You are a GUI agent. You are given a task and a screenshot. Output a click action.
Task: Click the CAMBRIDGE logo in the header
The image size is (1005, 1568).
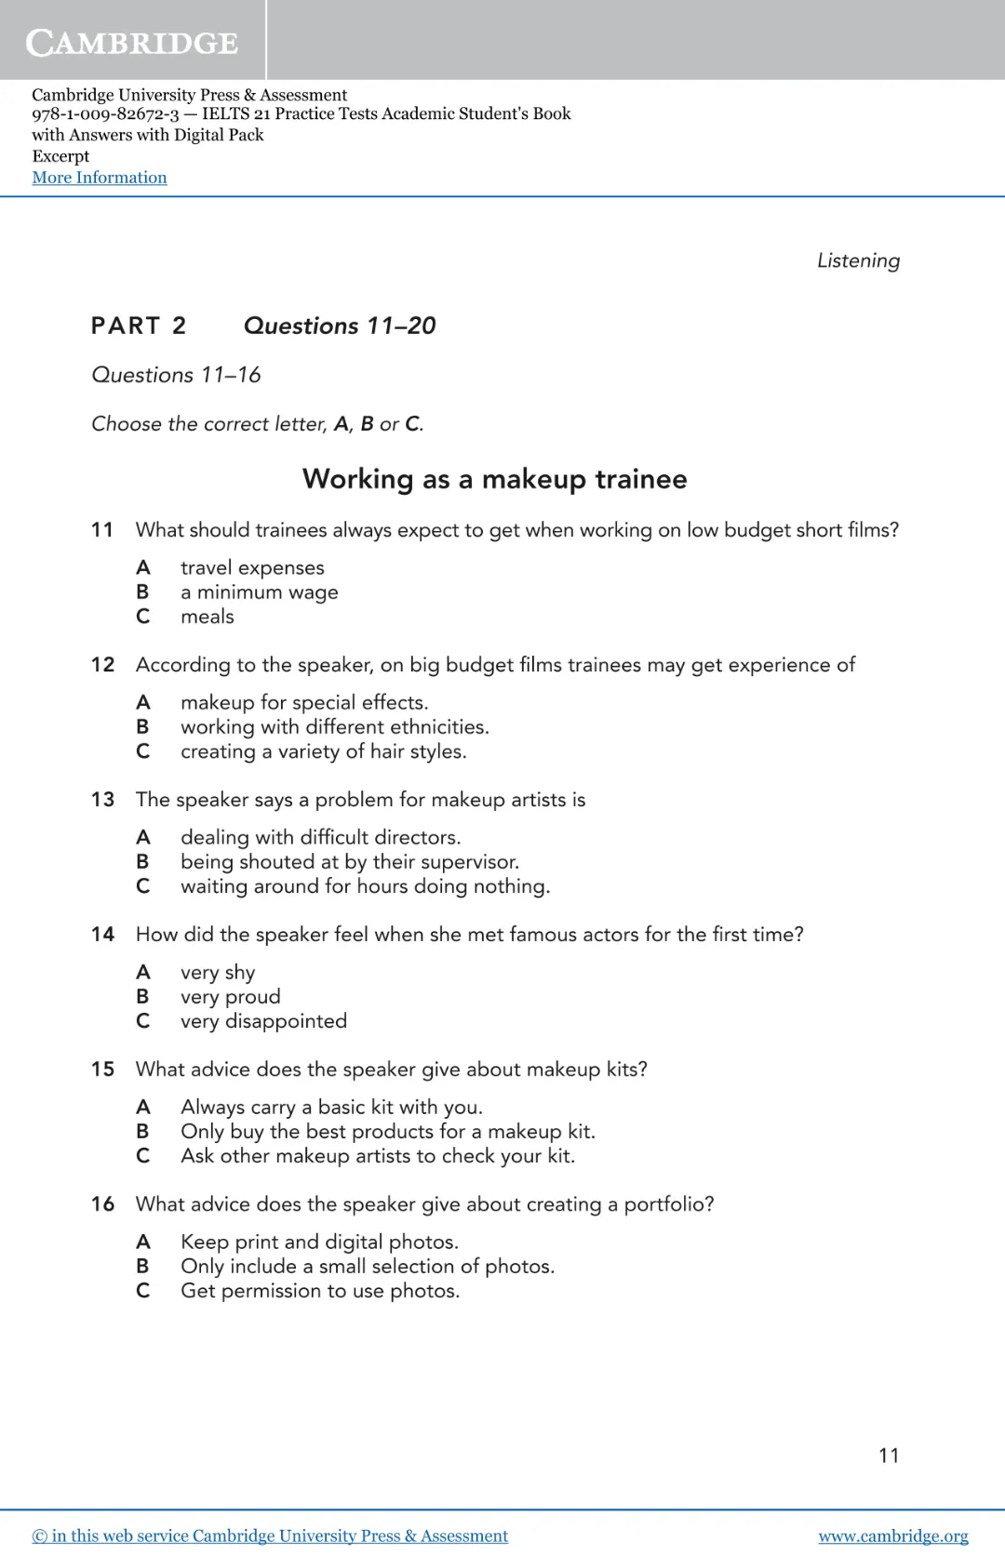coord(132,42)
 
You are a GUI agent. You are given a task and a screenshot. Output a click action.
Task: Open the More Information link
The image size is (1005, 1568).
coord(100,178)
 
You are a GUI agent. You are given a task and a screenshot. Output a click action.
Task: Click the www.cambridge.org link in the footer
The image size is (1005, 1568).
coord(892,1535)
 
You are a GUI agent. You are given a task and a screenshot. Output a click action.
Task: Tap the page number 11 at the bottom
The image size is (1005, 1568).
coord(889,1455)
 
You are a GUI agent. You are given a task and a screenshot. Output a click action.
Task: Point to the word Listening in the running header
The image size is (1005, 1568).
coord(858,260)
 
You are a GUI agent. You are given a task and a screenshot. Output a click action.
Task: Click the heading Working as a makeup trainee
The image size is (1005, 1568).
coord(494,479)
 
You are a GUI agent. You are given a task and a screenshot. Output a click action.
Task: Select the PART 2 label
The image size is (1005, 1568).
coord(139,326)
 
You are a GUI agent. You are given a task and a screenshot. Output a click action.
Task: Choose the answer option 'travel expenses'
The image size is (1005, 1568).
coord(252,567)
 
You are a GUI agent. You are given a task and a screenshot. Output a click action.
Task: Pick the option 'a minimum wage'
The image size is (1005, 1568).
coord(259,592)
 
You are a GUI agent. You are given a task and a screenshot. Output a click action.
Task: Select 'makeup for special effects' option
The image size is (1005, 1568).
coord(304,702)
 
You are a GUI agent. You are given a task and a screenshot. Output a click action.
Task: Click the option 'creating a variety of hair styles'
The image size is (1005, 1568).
coord(323,751)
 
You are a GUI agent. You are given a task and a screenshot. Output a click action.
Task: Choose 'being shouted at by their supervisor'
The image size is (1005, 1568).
coord(349,862)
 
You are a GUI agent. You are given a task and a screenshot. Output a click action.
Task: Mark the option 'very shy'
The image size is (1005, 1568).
coord(218,972)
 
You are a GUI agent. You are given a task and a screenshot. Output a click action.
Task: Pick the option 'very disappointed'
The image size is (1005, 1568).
coord(263,1021)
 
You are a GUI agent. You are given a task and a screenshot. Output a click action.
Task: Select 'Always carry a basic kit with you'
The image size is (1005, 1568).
coord(331,1107)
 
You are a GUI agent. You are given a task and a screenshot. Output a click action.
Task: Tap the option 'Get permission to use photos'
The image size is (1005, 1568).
coord(320,1291)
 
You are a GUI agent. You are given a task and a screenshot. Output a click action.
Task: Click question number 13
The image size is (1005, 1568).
coord(102,800)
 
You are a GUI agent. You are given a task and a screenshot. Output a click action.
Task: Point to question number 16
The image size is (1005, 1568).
coord(102,1204)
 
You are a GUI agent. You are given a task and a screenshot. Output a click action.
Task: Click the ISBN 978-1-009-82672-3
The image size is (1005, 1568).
coord(105,114)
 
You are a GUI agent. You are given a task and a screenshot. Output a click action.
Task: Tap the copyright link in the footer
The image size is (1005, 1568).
coord(270,1535)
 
